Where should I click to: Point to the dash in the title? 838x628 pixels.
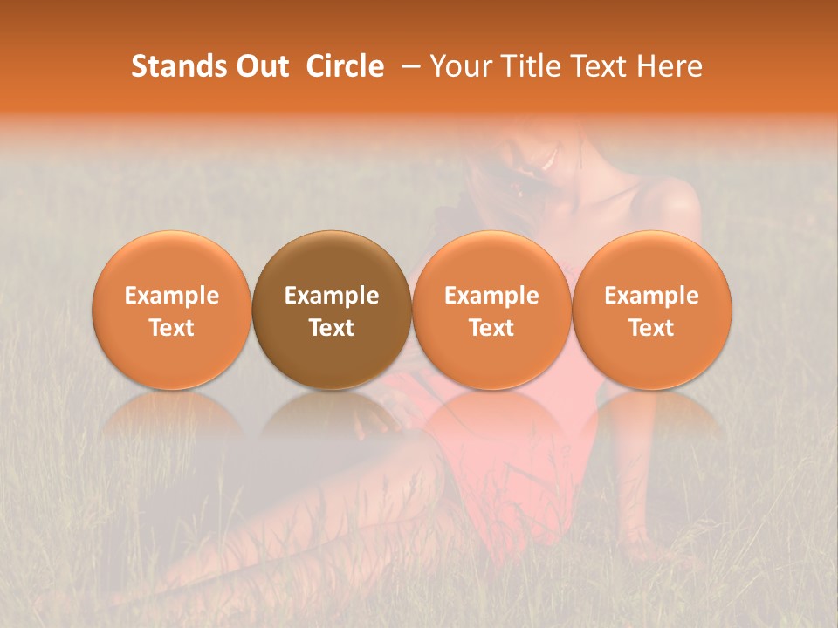[x=408, y=67]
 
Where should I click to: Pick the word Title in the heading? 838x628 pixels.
[x=526, y=66]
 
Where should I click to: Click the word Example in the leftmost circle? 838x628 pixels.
[x=171, y=296]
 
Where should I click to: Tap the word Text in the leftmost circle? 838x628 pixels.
[x=171, y=328]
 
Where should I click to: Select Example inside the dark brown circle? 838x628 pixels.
[x=332, y=296]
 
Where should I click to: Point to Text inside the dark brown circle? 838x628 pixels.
[x=332, y=328]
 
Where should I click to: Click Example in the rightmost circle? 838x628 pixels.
[x=652, y=296]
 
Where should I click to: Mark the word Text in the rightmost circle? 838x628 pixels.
[x=652, y=328]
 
